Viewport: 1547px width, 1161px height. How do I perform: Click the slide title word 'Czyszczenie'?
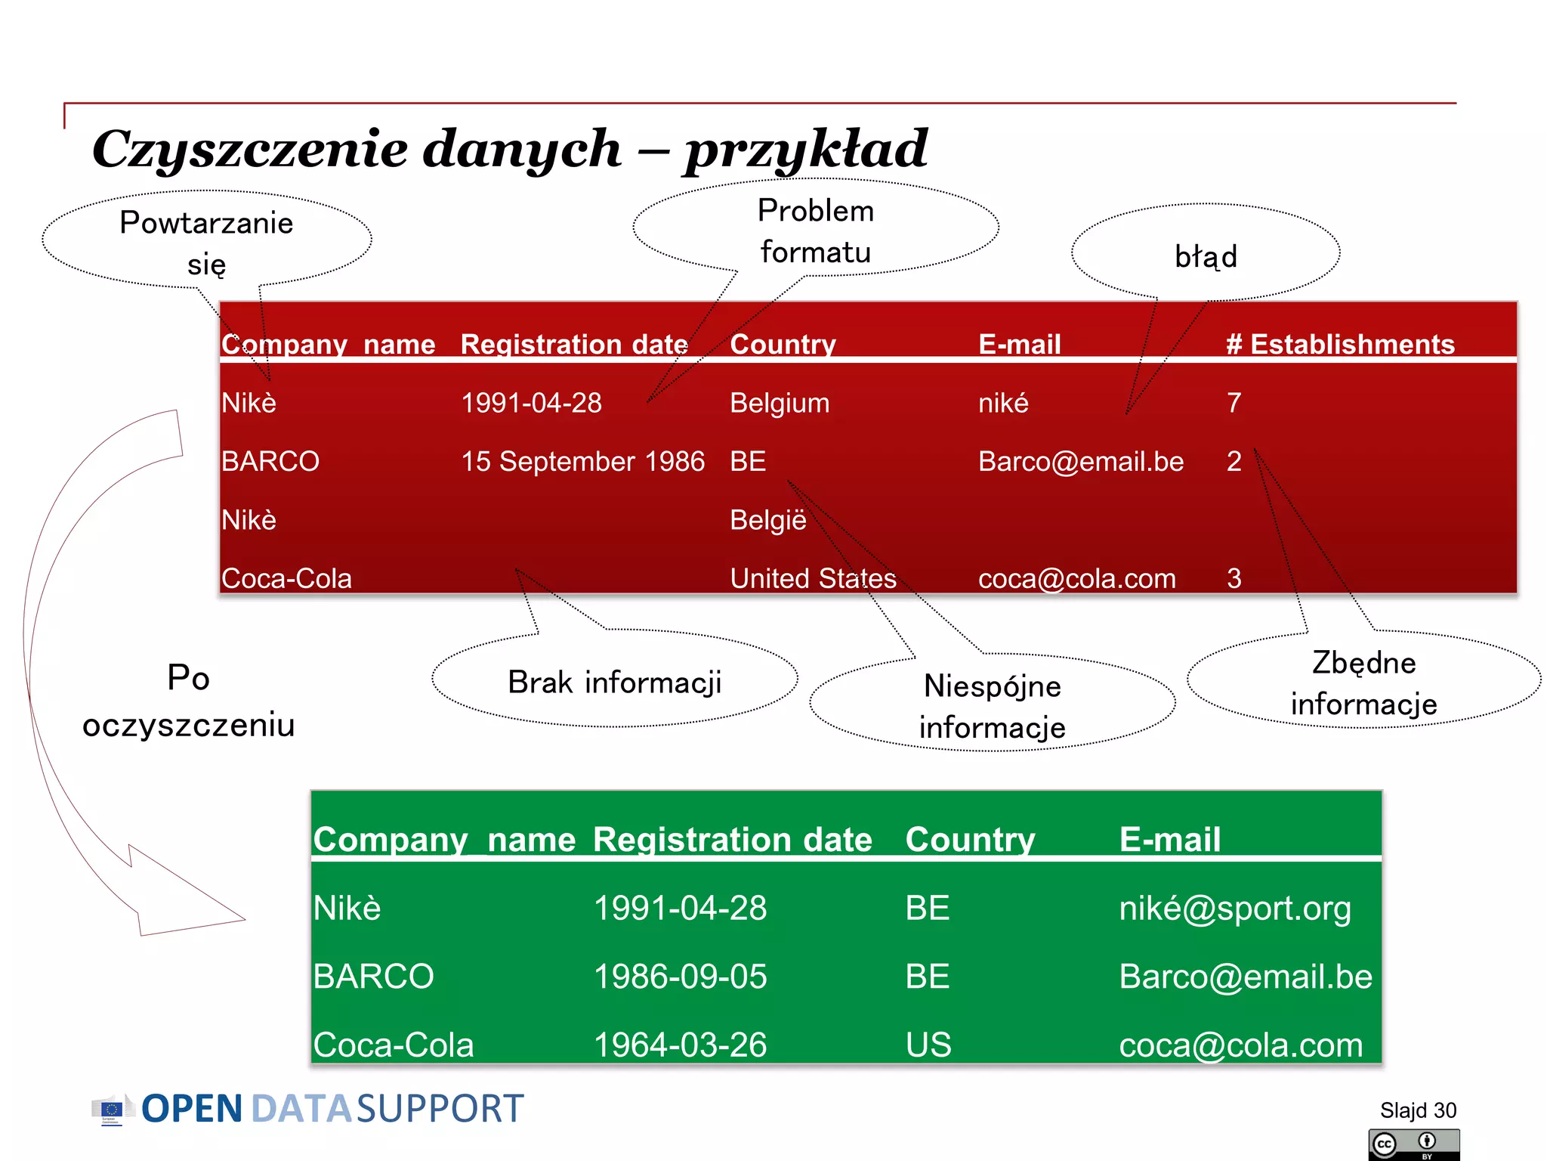pos(355,149)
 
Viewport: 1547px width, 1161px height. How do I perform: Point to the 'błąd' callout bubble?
pos(1206,255)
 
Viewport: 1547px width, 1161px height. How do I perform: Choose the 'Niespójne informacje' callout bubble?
pos(992,706)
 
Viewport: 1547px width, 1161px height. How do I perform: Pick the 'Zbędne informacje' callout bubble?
pos(1363,682)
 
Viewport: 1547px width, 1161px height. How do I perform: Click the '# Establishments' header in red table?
pos(1340,345)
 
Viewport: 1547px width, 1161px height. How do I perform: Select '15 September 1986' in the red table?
pos(582,461)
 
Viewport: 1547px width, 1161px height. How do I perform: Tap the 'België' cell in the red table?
pos(767,520)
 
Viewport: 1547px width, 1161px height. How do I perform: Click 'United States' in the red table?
pos(813,578)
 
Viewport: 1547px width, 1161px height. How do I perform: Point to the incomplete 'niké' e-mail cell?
pos(1003,403)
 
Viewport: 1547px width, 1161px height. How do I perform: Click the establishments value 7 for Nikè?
pos(1234,403)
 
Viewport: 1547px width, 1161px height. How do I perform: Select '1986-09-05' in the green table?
pos(680,977)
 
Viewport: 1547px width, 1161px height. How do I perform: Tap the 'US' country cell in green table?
pos(928,1045)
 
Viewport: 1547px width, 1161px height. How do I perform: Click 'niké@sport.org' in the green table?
pos(1234,908)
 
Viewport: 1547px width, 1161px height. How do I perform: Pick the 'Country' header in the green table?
pos(970,840)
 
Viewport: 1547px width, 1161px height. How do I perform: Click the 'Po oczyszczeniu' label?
pos(188,701)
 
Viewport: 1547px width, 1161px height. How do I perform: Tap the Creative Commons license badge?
pos(1413,1144)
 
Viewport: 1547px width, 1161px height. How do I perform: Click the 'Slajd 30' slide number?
pos(1418,1110)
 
